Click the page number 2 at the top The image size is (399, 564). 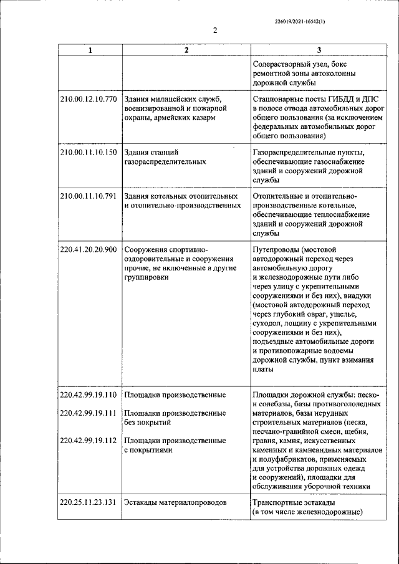[x=215, y=31]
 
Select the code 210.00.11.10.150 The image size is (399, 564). [x=89, y=152]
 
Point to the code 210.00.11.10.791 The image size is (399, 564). [x=89, y=196]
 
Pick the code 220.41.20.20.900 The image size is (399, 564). [x=89, y=250]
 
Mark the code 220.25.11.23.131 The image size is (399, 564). [x=89, y=502]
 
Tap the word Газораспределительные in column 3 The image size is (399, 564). [x=293, y=152]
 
